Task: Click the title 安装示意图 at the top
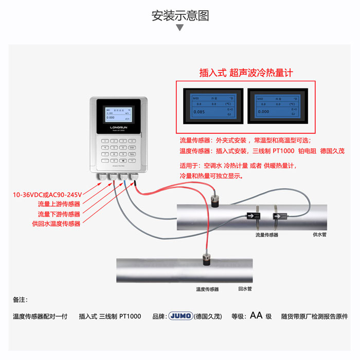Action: [x=180, y=15]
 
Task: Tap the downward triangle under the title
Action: [x=180, y=27]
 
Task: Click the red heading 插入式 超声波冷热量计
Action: [x=246, y=73]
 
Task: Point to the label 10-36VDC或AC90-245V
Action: [x=47, y=195]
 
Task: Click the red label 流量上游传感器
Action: [x=59, y=204]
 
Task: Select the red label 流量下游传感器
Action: [x=59, y=214]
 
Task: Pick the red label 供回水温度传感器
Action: [x=56, y=224]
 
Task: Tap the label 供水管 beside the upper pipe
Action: [x=319, y=234]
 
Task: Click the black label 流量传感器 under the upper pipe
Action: [x=266, y=235]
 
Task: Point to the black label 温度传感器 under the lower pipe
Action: [x=207, y=290]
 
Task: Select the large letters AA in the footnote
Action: [x=256, y=316]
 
